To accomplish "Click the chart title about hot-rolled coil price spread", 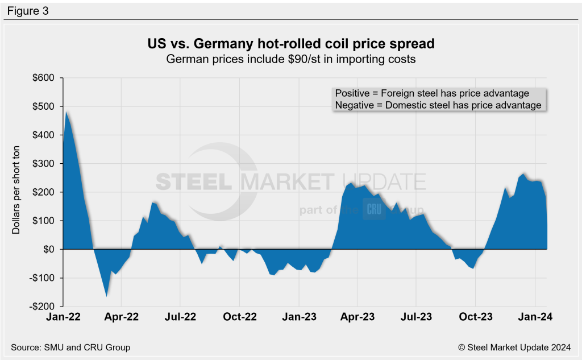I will point(290,44).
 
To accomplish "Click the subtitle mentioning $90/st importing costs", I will point(290,59).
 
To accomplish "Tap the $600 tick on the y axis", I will point(43,78).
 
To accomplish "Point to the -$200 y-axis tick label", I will point(41,307).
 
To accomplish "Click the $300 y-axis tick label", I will point(43,164).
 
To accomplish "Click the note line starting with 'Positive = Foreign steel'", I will point(432,93).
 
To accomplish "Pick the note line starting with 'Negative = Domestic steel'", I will point(438,105).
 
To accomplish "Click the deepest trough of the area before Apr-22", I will point(106,296).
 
